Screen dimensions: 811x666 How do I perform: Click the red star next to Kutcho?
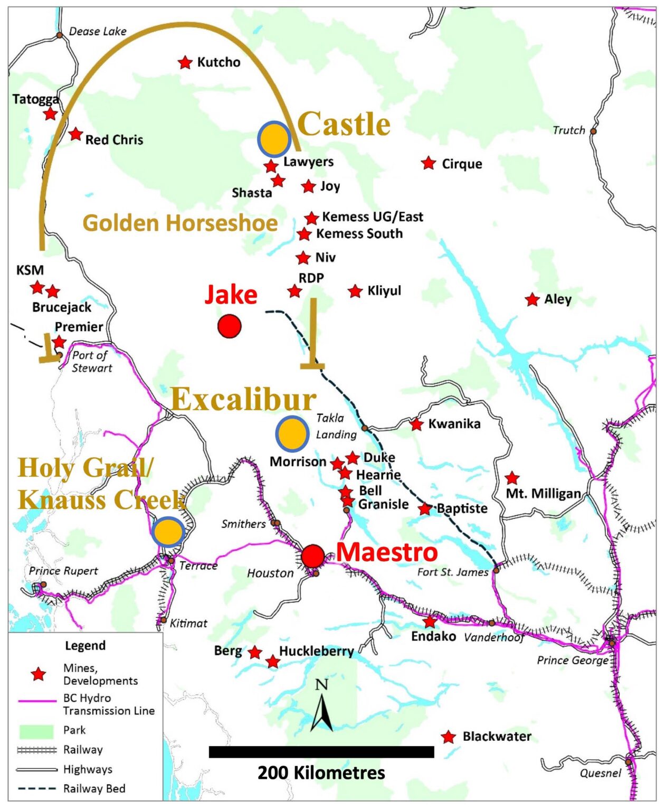tap(185, 62)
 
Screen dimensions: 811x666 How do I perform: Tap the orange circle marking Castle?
tap(274, 138)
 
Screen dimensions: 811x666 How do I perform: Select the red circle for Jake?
tap(230, 326)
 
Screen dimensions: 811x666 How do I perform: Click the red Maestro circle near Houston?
tap(313, 555)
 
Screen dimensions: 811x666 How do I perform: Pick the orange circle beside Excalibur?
tap(292, 433)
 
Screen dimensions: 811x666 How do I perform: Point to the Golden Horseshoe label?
tap(180, 223)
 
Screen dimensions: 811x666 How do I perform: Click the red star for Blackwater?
tap(448, 737)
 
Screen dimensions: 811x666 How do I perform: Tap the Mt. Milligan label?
tap(543, 494)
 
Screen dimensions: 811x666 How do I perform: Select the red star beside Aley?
tap(532, 300)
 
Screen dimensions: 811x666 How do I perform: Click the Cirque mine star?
tap(429, 163)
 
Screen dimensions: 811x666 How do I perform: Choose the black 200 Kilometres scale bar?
tap(321, 752)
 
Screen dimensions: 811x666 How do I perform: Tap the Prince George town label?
tap(572, 660)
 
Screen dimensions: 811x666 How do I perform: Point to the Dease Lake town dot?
tap(60, 35)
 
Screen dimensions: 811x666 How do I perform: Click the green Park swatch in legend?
tap(36, 731)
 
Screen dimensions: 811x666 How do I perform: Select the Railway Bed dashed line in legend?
tap(36, 789)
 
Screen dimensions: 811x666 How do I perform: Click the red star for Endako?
tap(430, 621)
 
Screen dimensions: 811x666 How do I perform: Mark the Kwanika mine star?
tap(416, 424)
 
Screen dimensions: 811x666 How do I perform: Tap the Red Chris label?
tap(114, 140)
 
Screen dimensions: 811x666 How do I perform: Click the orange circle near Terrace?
tap(168, 532)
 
